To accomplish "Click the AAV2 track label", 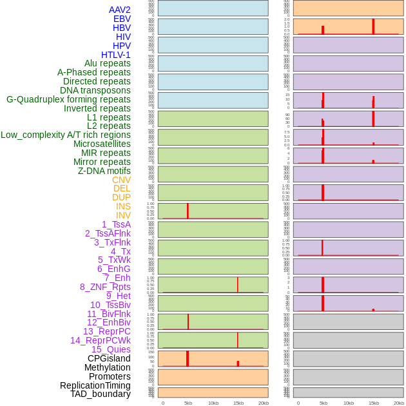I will (x=119, y=10).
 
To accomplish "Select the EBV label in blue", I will (x=122, y=19).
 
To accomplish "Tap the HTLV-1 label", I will (x=115, y=55).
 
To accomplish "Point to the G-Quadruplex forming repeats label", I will (x=68, y=99).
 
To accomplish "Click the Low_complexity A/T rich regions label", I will (x=66, y=135).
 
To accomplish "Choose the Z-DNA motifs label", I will (x=104, y=171).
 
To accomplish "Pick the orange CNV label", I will (x=121, y=180).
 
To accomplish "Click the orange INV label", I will (x=123, y=215).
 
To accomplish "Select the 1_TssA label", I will (x=116, y=224).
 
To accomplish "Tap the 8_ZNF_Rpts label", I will (x=105, y=287).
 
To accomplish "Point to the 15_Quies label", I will (x=111, y=349).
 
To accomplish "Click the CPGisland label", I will (x=109, y=358).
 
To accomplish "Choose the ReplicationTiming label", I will (x=95, y=385).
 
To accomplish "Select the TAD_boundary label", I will (x=101, y=394).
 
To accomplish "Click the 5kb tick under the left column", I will (x=188, y=403).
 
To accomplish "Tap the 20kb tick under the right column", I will (x=399, y=403).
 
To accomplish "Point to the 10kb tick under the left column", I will (x=213, y=403).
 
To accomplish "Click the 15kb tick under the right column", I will (x=374, y=403).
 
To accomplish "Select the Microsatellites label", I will (x=102, y=144).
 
